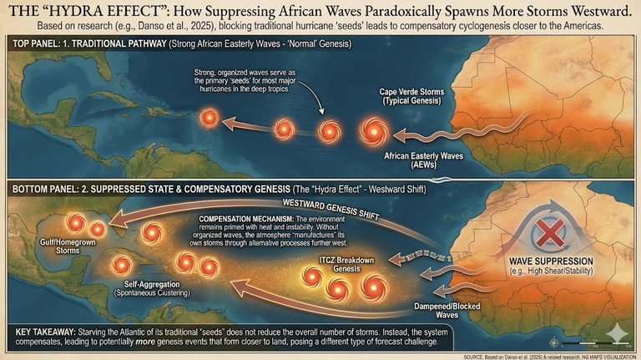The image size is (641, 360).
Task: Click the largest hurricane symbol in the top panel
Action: click(x=373, y=130)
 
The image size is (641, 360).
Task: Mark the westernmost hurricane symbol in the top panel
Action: click(x=205, y=119)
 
